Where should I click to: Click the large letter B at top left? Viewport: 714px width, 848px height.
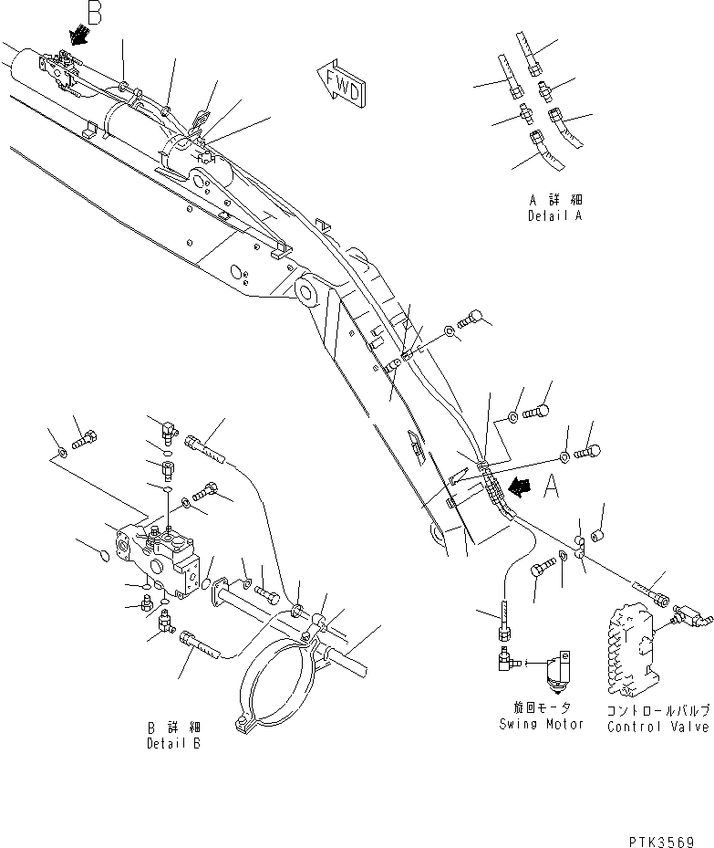[x=96, y=12]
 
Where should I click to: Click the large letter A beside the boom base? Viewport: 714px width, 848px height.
[x=552, y=490]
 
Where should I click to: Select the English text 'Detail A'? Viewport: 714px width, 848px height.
[x=554, y=216]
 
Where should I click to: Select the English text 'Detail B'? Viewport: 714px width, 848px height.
[x=173, y=744]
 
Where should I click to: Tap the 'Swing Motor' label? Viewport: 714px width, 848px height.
[x=542, y=724]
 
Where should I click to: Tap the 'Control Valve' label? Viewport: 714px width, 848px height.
[x=658, y=727]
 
